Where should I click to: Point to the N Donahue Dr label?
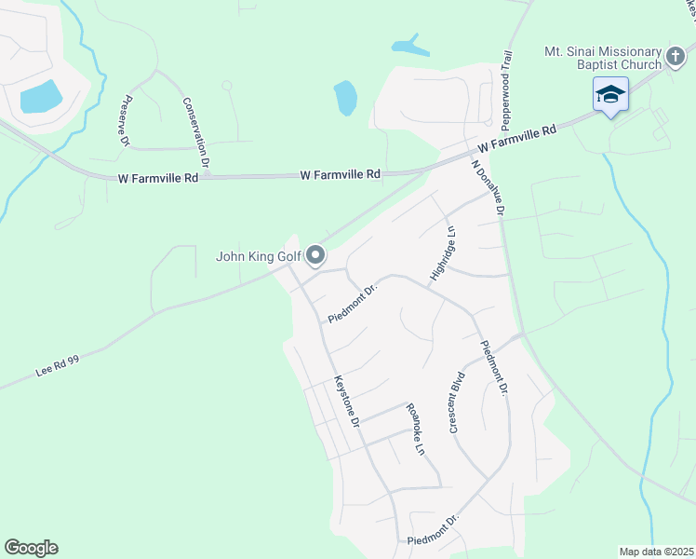[x=488, y=189]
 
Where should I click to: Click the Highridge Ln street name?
[x=444, y=252]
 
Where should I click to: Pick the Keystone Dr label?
[x=346, y=401]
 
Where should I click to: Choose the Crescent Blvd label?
[x=457, y=402]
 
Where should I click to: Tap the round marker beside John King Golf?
[x=315, y=254]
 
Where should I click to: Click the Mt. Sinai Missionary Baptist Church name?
[x=603, y=58]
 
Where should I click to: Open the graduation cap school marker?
[x=611, y=95]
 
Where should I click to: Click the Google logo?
[x=31, y=548]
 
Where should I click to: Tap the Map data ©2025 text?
[x=655, y=552]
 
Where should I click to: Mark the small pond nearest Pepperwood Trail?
[x=409, y=45]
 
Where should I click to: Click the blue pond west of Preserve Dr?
[x=41, y=96]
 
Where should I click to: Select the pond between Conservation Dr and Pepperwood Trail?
[x=345, y=97]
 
